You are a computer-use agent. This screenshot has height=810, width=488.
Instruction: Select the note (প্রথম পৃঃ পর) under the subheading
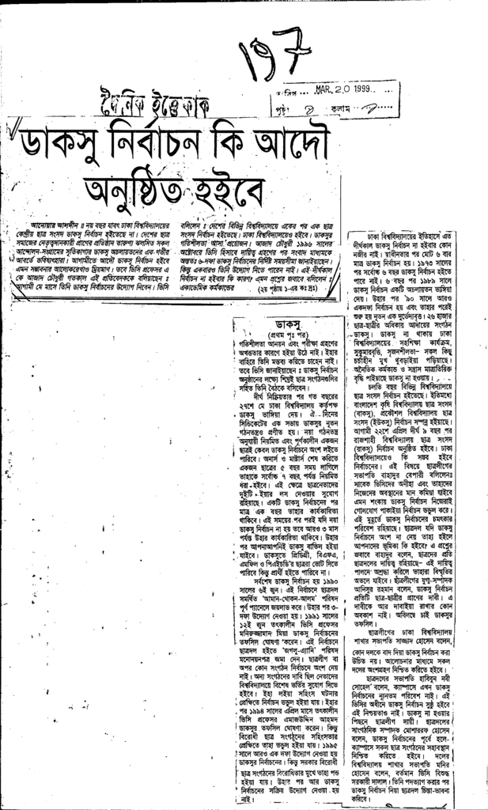click(x=289, y=334)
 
